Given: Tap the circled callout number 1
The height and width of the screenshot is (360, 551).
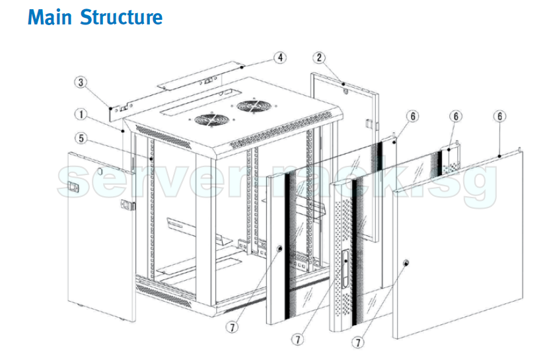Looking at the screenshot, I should [x=81, y=114].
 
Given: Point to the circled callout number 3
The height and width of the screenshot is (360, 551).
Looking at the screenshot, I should [x=80, y=83].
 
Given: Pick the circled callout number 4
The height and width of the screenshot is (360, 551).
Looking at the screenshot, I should [x=280, y=57].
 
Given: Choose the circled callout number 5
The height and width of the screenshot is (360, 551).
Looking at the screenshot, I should [x=80, y=138].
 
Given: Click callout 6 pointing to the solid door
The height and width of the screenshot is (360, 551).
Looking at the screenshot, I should [x=501, y=116].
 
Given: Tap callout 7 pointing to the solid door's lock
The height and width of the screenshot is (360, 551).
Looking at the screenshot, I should [x=358, y=343].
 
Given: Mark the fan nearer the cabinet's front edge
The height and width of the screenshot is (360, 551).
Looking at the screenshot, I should [x=209, y=120].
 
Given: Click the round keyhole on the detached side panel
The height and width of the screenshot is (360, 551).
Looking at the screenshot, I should [x=100, y=171].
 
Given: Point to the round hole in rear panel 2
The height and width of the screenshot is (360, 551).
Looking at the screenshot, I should [x=345, y=92].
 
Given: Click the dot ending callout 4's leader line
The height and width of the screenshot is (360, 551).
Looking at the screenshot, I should [x=243, y=67].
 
